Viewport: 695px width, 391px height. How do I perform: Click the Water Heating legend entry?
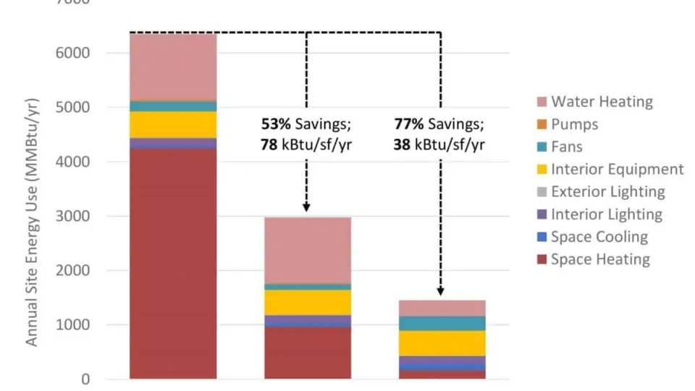tap(602, 102)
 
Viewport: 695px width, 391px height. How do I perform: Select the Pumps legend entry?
tap(574, 125)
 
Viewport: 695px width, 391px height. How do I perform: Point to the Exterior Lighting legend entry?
tap(607, 192)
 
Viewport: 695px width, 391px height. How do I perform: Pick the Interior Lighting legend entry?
tap(606, 214)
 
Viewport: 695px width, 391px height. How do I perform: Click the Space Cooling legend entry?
tap(599, 237)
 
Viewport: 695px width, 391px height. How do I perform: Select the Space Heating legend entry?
tap(600, 259)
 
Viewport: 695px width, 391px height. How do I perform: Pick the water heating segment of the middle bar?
tap(307, 250)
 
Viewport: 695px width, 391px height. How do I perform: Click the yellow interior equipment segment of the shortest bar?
tap(441, 342)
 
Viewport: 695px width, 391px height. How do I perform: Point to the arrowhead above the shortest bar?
tap(440, 290)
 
